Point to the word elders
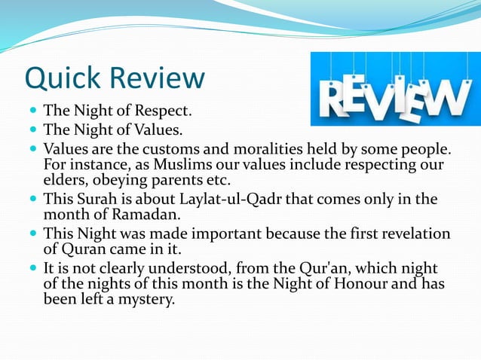tap(64, 180)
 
